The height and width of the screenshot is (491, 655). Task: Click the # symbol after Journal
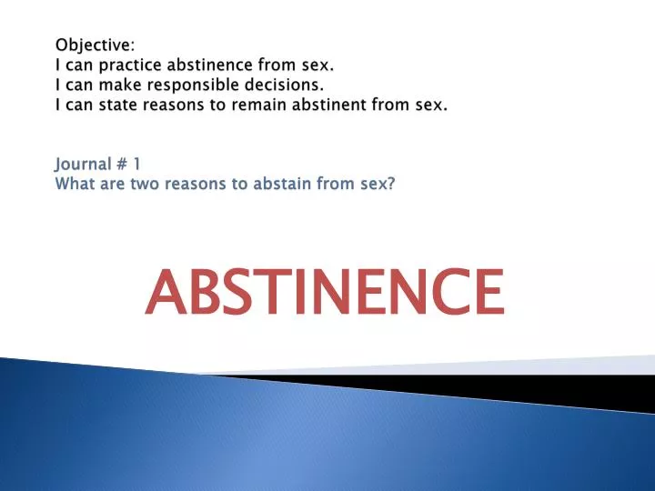tap(119, 164)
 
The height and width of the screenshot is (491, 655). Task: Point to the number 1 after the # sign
tap(136, 164)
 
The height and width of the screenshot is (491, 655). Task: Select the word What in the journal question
tap(74, 184)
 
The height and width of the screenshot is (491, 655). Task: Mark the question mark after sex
tap(391, 184)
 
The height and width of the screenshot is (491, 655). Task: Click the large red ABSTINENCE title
tap(324, 291)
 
